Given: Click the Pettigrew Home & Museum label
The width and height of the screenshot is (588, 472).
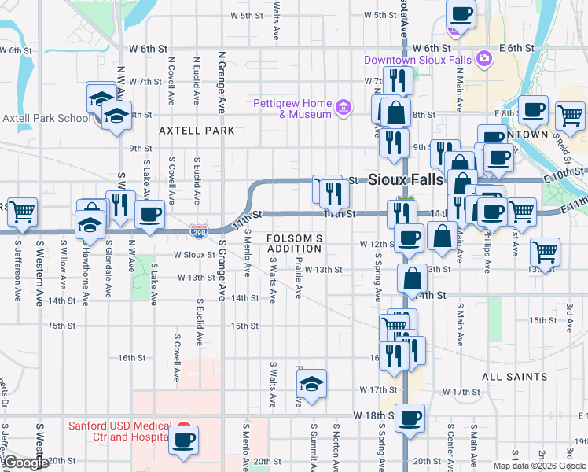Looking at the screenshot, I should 293,109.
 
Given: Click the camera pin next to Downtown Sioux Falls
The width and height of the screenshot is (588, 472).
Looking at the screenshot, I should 484,58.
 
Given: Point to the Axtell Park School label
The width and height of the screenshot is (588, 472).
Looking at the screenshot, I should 46,119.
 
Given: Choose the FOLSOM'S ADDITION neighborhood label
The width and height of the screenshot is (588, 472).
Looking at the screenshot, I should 294,243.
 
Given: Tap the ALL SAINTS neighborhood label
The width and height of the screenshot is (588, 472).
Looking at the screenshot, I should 514,377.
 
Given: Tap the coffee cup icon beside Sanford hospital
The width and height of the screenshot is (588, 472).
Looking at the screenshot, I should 184,440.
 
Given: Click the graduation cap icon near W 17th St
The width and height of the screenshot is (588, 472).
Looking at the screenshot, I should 312,384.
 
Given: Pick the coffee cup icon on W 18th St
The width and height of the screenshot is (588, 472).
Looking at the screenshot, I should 410,419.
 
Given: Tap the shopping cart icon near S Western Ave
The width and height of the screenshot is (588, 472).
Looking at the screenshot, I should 22,211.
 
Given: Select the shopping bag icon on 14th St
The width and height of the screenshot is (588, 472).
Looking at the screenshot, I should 412,278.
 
